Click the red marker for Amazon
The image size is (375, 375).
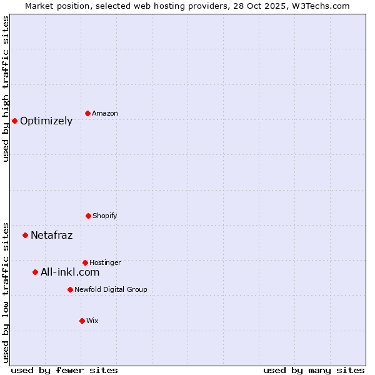pyautogui.click(x=87, y=113)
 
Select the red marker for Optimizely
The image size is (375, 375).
pyautogui.click(x=14, y=121)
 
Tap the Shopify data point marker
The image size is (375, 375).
pyautogui.click(x=88, y=216)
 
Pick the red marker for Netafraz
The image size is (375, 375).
pyautogui.click(x=25, y=235)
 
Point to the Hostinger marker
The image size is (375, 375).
pyautogui.click(x=85, y=262)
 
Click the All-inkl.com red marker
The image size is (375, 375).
pyautogui.click(x=35, y=272)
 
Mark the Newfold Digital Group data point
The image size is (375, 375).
pyautogui.click(x=70, y=289)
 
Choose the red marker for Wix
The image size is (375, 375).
pyautogui.click(x=82, y=321)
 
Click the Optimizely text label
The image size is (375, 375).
pyautogui.click(x=46, y=121)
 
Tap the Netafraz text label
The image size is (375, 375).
pyautogui.click(x=51, y=236)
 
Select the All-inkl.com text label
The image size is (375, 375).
pyautogui.click(x=70, y=272)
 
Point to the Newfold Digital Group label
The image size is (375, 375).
pyautogui.click(x=111, y=290)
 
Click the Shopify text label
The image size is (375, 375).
pyautogui.click(x=104, y=216)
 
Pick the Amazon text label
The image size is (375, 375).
pyautogui.click(x=104, y=114)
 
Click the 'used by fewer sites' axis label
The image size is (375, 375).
pyautogui.click(x=64, y=370)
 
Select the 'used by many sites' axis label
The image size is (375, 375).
pyautogui.click(x=314, y=370)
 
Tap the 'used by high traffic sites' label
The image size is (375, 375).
pyautogui.click(x=6, y=89)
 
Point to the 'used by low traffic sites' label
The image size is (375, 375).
pyautogui.click(x=6, y=292)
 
